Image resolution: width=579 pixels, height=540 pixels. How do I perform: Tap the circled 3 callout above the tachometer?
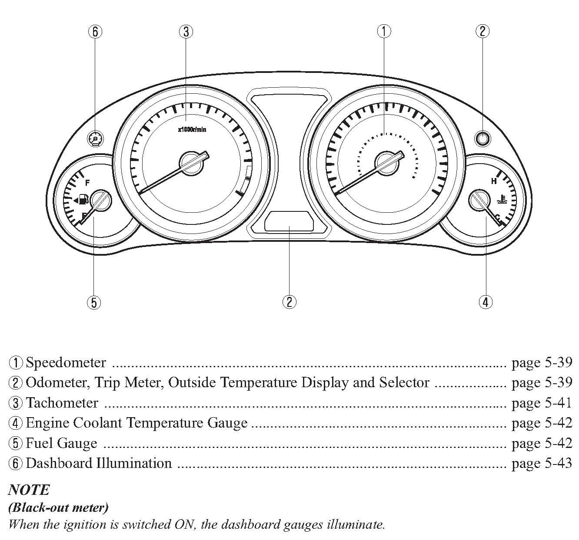click(186, 31)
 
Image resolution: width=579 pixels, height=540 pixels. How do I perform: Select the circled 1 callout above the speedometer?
click(384, 31)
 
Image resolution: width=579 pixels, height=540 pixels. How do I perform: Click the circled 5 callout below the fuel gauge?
click(94, 302)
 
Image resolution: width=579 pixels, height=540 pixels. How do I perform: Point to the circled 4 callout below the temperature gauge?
click(486, 302)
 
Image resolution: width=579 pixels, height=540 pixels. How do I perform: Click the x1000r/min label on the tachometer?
click(192, 129)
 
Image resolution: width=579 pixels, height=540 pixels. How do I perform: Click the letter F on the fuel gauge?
click(87, 182)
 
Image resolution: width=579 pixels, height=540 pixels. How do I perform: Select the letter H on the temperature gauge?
click(494, 181)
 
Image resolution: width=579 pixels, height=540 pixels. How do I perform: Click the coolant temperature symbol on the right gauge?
click(502, 201)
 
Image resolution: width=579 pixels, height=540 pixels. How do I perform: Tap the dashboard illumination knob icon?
click(96, 139)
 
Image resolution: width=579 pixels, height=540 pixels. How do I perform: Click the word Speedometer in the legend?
click(66, 362)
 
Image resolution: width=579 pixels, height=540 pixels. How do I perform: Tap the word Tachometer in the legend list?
click(62, 403)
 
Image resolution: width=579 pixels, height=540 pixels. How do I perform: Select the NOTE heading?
click(29, 490)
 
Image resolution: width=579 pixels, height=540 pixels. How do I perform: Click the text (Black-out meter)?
click(58, 507)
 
